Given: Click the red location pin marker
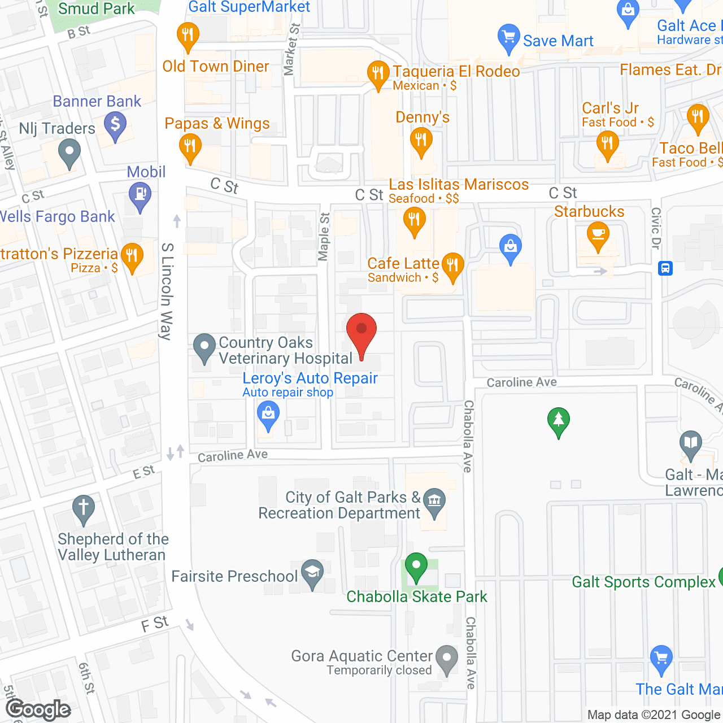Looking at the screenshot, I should coord(361,333).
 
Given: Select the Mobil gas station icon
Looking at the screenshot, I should coord(140,196).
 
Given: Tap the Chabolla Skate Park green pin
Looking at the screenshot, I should coord(416,566).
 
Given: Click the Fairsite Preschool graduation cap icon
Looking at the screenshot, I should coord(312,573).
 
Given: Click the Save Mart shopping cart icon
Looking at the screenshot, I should coord(508,37).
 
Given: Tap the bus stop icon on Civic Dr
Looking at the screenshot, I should coord(665,268).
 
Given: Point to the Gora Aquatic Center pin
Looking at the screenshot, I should coord(447,659).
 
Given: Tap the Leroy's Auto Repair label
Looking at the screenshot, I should coord(310,378).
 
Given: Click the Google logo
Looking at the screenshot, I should coord(38,709).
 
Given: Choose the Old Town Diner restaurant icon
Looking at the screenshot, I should coord(188,36).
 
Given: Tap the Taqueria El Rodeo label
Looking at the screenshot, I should coord(456,72).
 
